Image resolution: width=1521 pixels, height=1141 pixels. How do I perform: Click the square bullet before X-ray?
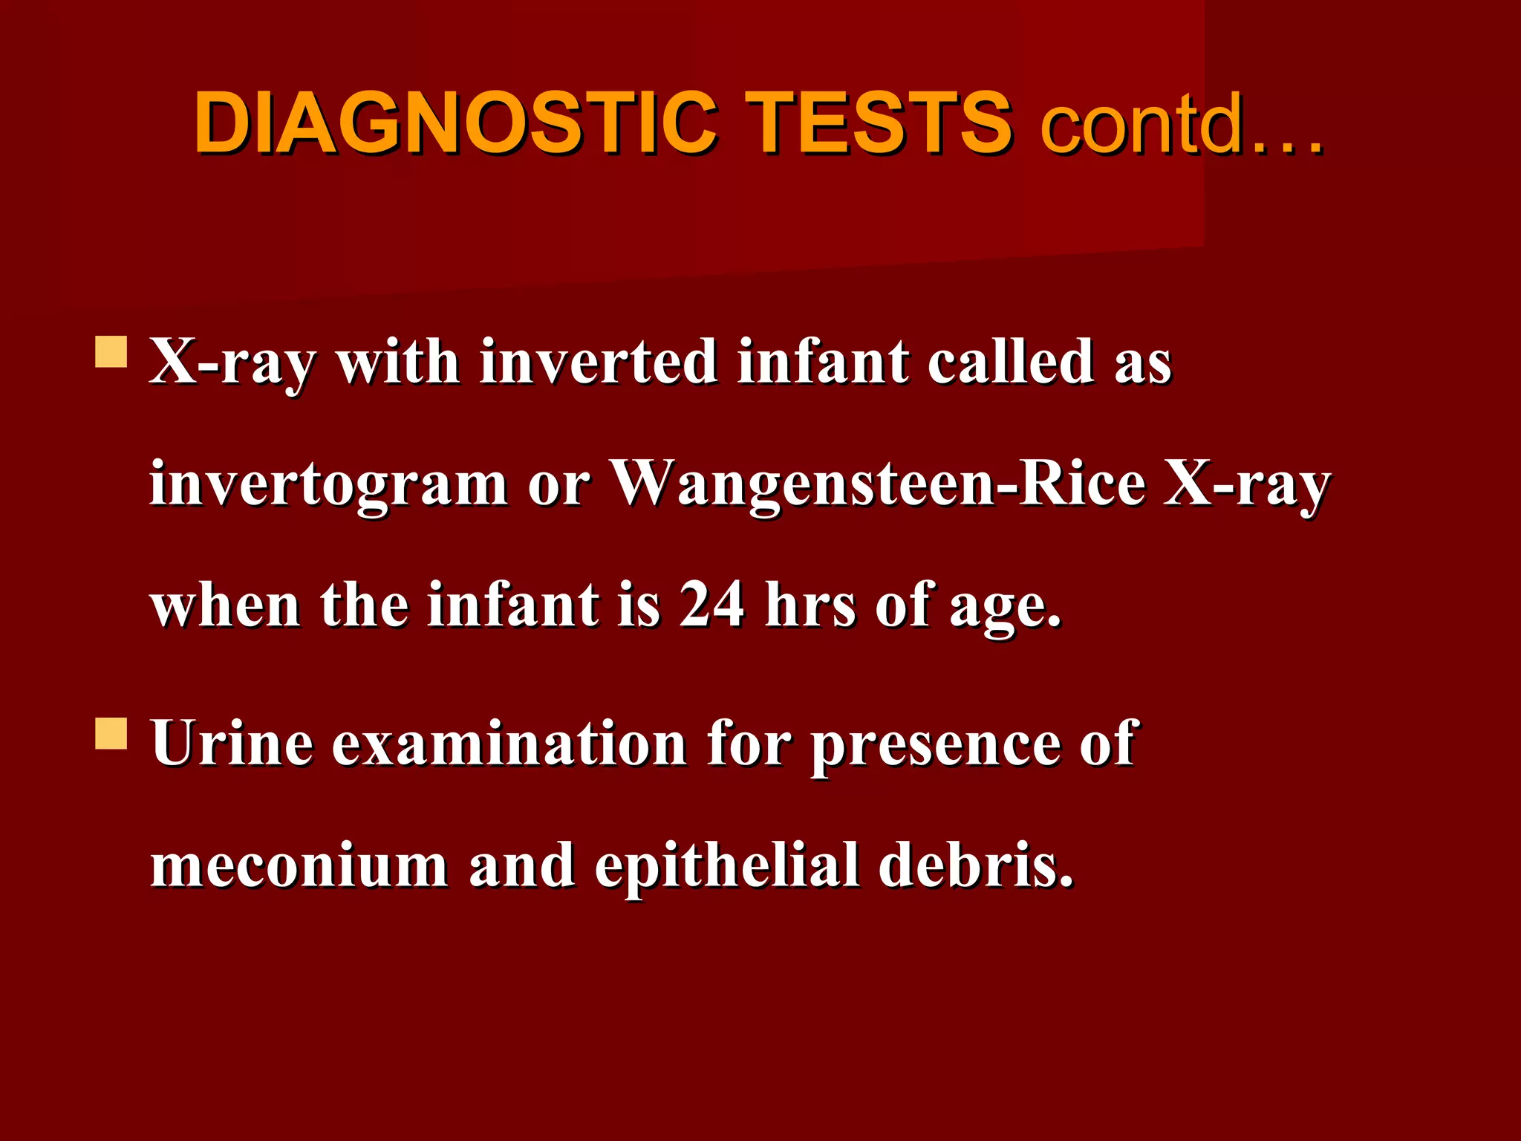click(x=111, y=352)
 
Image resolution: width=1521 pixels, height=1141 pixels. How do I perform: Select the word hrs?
click(x=810, y=605)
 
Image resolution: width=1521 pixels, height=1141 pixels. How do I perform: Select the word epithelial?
click(x=727, y=866)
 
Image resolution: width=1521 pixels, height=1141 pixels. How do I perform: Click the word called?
click(x=1011, y=363)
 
